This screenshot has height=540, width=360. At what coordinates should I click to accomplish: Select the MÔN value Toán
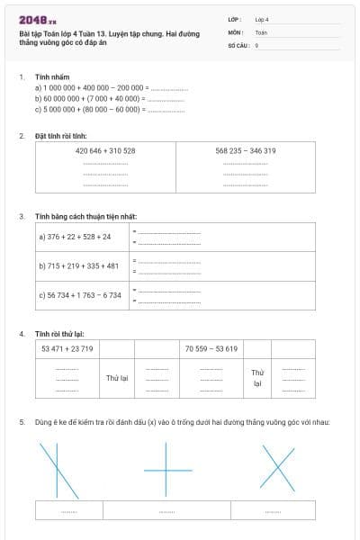tap(261, 31)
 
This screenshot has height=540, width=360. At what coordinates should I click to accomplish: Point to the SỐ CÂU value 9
tap(256, 44)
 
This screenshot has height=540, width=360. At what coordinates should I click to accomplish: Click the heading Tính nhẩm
tap(47, 77)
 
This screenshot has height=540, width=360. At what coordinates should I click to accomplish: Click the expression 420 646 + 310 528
tap(105, 150)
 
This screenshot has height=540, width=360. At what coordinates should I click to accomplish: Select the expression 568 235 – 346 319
tap(246, 150)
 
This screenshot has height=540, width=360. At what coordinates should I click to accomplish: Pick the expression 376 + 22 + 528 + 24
tap(75, 237)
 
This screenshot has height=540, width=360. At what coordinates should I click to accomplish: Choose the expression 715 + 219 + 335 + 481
tap(78, 265)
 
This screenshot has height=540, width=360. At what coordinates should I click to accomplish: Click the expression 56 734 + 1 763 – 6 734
tap(80, 294)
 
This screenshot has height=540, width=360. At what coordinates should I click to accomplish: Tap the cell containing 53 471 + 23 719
tap(67, 348)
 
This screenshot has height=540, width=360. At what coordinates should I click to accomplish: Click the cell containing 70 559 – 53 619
tap(211, 348)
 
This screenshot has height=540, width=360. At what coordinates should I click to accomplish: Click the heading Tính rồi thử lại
tap(59, 333)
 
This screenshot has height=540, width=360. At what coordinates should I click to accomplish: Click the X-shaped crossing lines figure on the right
tap(276, 469)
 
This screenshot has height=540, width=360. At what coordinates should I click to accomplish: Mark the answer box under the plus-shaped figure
tap(168, 510)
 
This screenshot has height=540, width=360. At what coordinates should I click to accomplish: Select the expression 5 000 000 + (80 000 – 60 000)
tap(88, 109)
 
